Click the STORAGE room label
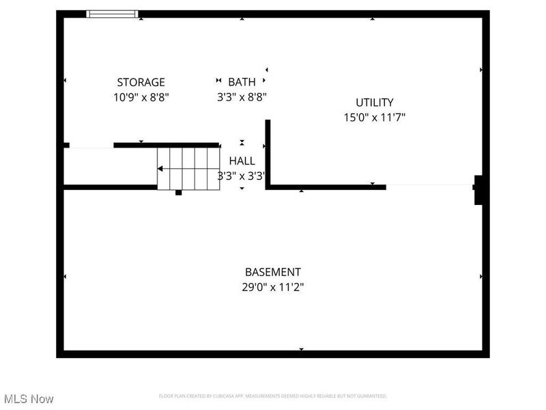141,83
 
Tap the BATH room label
242,83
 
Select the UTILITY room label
375,102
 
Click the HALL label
242,161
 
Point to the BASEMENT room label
272,272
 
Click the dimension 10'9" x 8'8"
141,98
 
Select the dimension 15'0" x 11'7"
375,118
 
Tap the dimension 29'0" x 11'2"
272,288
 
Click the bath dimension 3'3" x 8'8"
242,98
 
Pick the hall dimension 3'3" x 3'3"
242,176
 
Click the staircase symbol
188,169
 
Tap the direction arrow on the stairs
160,169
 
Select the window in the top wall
112,14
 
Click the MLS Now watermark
29,398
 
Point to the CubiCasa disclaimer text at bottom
272,396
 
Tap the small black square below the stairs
179,193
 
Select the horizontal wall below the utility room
326,187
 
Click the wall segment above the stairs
166,145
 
